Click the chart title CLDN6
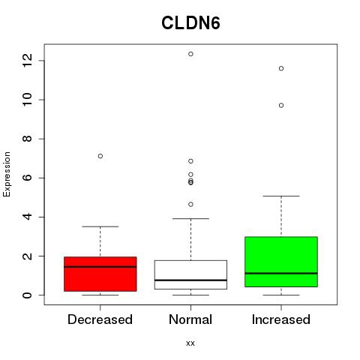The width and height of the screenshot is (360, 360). (190, 23)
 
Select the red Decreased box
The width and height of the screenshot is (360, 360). (100, 274)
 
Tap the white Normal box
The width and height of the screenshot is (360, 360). (190, 274)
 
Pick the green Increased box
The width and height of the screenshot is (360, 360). (281, 262)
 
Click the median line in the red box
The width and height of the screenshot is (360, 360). (100, 267)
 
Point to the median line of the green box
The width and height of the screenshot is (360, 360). (281, 273)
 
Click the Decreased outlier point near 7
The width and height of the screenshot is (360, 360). (100, 156)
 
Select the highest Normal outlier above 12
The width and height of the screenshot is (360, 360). (190, 54)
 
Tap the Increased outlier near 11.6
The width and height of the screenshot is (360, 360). (281, 68)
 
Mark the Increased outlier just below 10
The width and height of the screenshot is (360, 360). (281, 106)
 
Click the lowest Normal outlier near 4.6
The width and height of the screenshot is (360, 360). (190, 204)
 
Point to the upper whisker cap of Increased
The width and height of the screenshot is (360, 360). (281, 196)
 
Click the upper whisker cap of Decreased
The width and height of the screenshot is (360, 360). (100, 226)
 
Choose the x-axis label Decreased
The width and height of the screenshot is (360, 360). (100, 319)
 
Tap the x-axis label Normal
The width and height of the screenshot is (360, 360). (190, 319)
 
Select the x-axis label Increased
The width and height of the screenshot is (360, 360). (281, 319)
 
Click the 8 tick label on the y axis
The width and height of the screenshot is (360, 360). (27, 139)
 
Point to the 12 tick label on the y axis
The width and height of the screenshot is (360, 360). (27, 61)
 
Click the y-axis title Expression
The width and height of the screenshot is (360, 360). (7, 174)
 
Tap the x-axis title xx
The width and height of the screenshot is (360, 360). (190, 343)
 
